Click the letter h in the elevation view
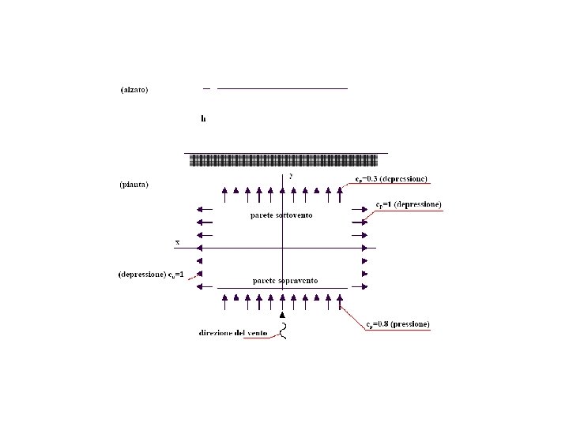pos(203,119)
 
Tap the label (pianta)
pos(134,185)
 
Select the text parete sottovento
pos(281,215)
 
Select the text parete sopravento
pos(285,281)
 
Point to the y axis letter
pos(290,176)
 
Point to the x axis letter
pos(179,241)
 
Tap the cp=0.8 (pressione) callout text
pos(398,324)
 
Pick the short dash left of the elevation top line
pos(207,88)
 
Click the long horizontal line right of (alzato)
pos(282,88)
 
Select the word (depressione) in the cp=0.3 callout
pos(405,180)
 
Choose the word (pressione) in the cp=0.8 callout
pos(410,324)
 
